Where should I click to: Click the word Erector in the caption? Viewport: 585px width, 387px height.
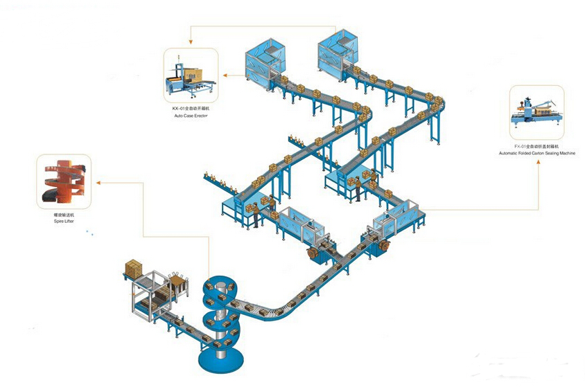tap(200, 116)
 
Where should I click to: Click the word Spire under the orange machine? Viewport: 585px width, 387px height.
tap(59, 221)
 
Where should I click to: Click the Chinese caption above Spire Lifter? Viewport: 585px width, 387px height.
tap(64, 215)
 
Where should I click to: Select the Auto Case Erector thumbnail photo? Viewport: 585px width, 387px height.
tap(190, 75)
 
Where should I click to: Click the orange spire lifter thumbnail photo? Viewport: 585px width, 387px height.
tap(63, 182)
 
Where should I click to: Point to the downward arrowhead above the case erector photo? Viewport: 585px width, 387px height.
tap(191, 44)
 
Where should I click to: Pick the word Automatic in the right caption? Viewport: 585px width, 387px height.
tap(508, 153)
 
